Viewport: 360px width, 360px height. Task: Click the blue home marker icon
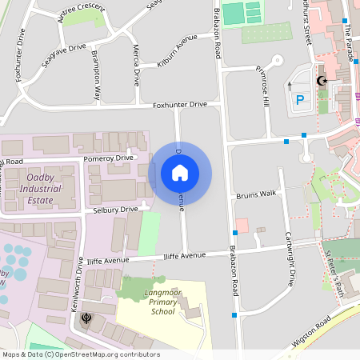[x=180, y=173]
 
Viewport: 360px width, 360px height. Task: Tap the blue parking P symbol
[x=301, y=100]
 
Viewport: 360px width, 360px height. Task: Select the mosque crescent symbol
[x=322, y=81]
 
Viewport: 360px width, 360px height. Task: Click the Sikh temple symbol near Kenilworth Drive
[x=86, y=318]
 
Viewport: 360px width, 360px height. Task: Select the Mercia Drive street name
[x=136, y=66]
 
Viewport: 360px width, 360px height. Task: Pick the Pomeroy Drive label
[x=108, y=158]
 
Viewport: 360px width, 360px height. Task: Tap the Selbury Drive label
[x=116, y=210]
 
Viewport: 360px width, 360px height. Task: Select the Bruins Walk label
[x=256, y=194]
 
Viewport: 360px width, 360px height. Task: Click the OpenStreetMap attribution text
[x=80, y=354]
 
